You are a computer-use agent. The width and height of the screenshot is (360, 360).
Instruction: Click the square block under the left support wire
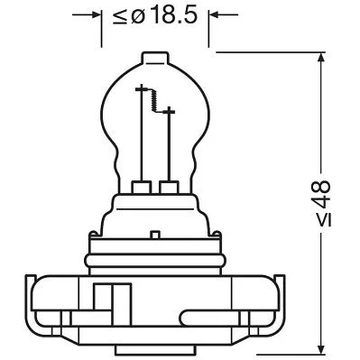(142, 188)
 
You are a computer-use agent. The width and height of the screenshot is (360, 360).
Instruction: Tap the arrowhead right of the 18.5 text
(217, 15)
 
